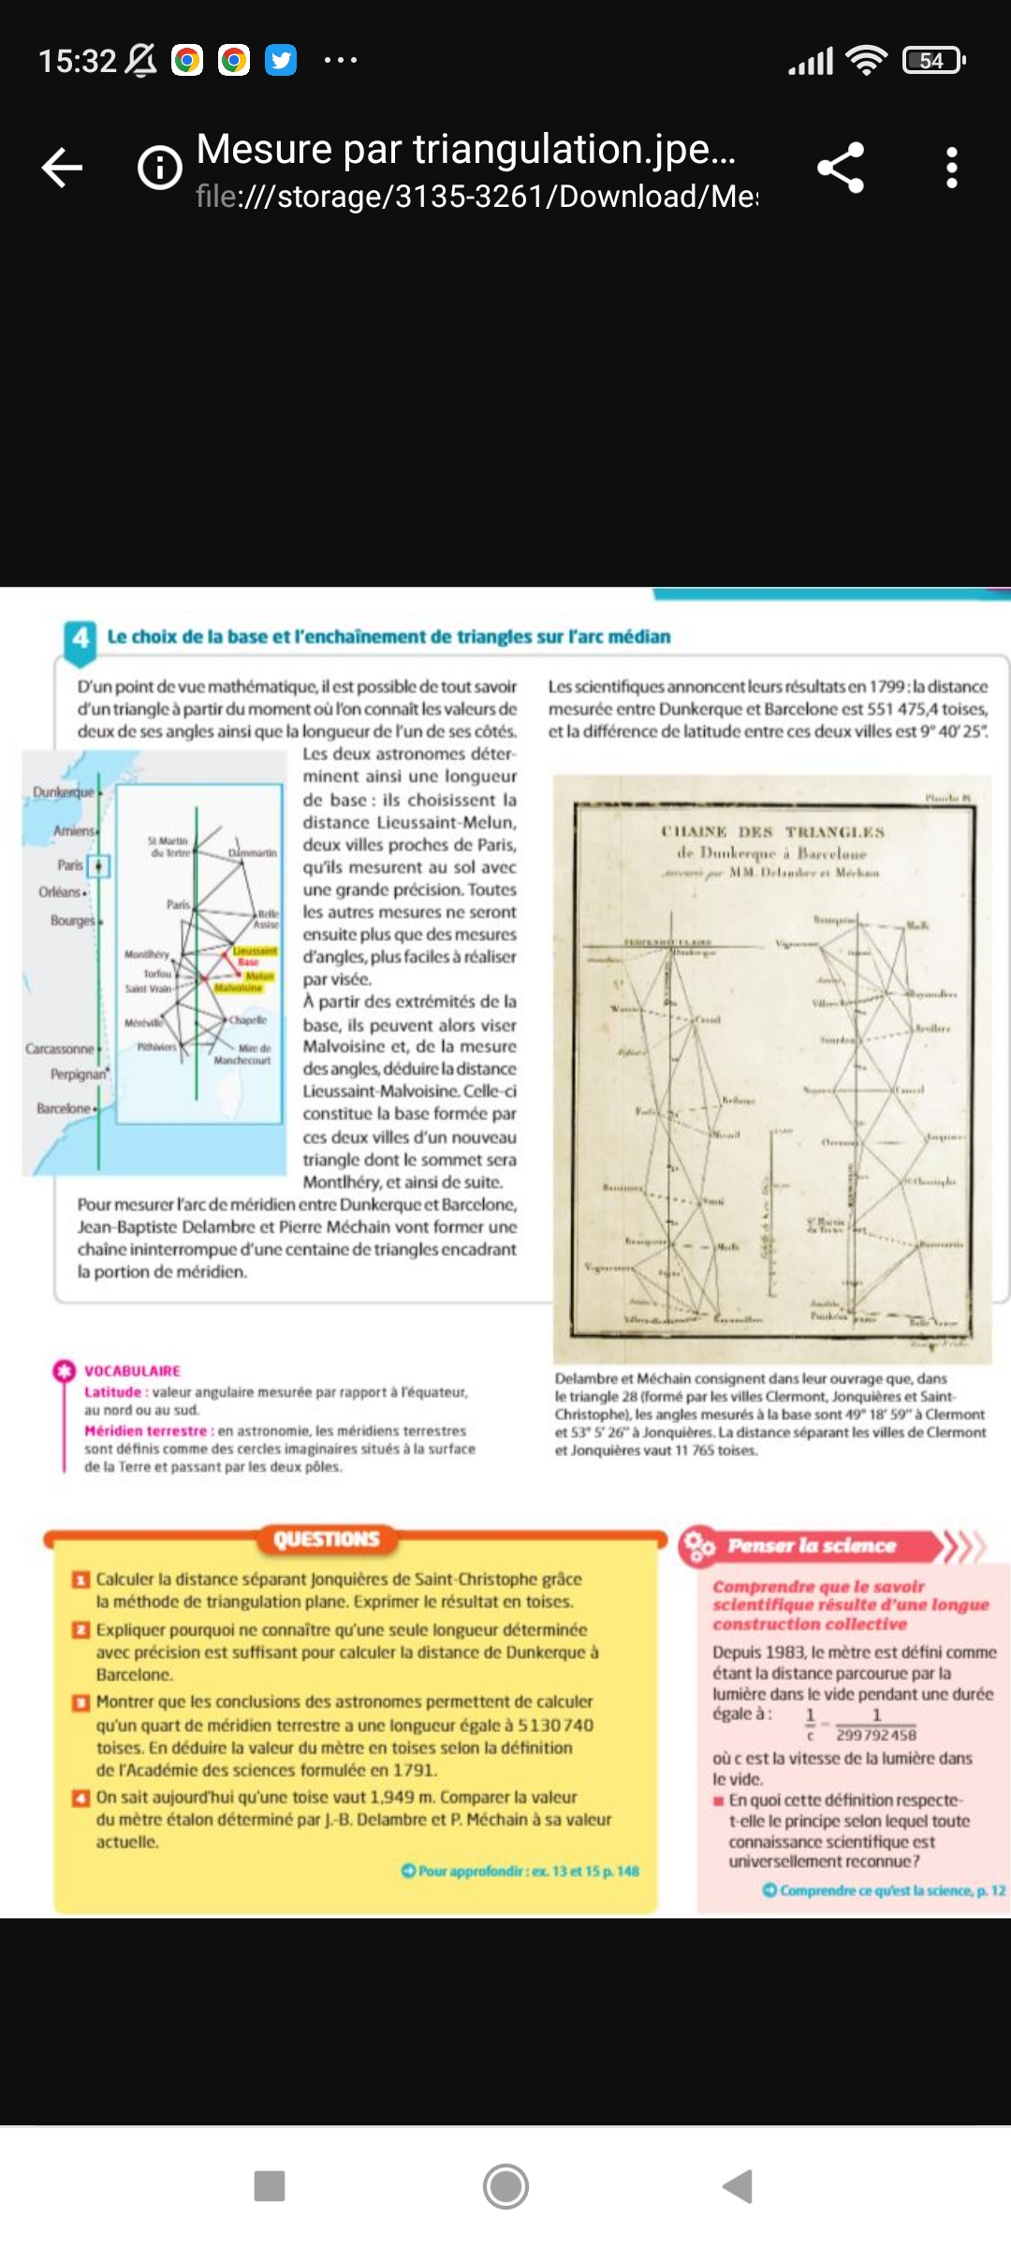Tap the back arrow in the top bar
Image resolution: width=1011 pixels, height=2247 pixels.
pyautogui.click(x=63, y=169)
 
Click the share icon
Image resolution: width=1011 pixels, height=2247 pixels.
pyautogui.click(x=841, y=169)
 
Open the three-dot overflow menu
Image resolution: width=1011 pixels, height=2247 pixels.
pyautogui.click(x=951, y=169)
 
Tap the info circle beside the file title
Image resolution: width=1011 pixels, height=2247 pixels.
pyautogui.click(x=160, y=169)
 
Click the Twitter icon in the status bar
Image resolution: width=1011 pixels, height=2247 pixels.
pyautogui.click(x=281, y=61)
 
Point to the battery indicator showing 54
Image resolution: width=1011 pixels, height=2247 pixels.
pyautogui.click(x=932, y=61)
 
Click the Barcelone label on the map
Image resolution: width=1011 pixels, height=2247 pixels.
pyautogui.click(x=64, y=1109)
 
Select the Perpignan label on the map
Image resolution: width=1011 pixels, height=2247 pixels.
pyautogui.click(x=79, y=1074)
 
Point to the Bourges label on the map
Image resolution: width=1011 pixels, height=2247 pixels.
pyautogui.click(x=72, y=920)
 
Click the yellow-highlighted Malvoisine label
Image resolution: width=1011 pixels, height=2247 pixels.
pyautogui.click(x=239, y=988)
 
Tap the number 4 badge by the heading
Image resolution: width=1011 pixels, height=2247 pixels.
pyautogui.click(x=81, y=638)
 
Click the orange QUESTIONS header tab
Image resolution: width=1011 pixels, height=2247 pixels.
pyautogui.click(x=327, y=1539)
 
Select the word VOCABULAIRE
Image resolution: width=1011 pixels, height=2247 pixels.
pyautogui.click(x=132, y=1371)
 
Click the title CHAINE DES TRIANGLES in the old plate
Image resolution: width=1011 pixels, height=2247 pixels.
pyautogui.click(x=772, y=831)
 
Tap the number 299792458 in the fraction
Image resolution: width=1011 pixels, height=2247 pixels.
pyautogui.click(x=876, y=1735)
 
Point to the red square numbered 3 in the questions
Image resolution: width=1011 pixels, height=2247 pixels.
pyautogui.click(x=81, y=1702)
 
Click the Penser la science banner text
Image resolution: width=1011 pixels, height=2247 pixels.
pyautogui.click(x=812, y=1546)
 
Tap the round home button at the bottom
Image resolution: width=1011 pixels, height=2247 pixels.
pyautogui.click(x=505, y=2186)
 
